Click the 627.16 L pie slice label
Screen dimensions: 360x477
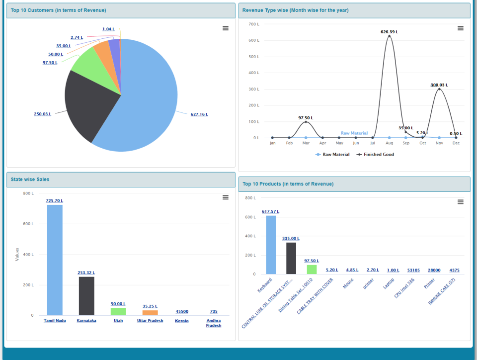pyautogui.click(x=199, y=114)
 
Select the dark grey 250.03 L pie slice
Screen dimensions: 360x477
pyautogui.click(x=89, y=107)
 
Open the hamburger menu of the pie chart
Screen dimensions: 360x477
pyautogui.click(x=226, y=28)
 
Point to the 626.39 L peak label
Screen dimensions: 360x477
pyautogui.click(x=389, y=32)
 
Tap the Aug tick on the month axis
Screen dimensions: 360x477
pyautogui.click(x=389, y=143)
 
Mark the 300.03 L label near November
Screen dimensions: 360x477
pyautogui.click(x=439, y=85)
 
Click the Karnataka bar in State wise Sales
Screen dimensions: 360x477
pyautogui.click(x=86, y=296)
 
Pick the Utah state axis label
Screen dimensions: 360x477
pyautogui.click(x=118, y=321)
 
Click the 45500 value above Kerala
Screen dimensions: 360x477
pyautogui.click(x=182, y=312)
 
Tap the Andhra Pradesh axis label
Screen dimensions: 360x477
pyautogui.click(x=214, y=323)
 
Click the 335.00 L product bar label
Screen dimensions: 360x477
pyautogui.click(x=291, y=239)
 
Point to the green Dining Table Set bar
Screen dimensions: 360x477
pyautogui.click(x=312, y=270)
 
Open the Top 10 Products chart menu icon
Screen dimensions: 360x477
pyautogui.click(x=461, y=202)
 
